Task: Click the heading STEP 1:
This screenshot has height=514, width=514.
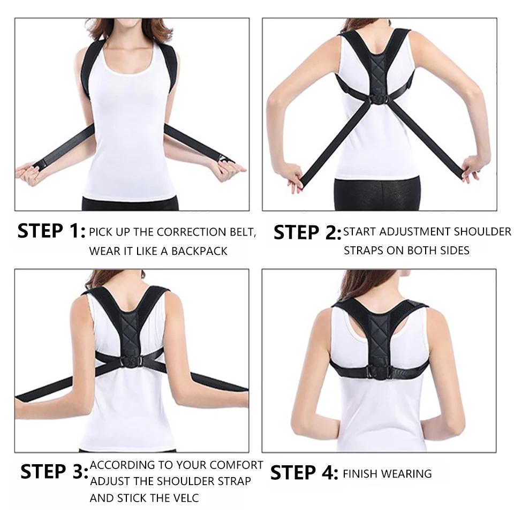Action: point(51,231)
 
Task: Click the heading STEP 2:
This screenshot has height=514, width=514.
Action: point(307,233)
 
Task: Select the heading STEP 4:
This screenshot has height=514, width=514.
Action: point(304,473)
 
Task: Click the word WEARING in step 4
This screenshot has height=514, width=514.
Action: point(408,473)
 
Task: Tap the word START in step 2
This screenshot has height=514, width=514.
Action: point(360,232)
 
